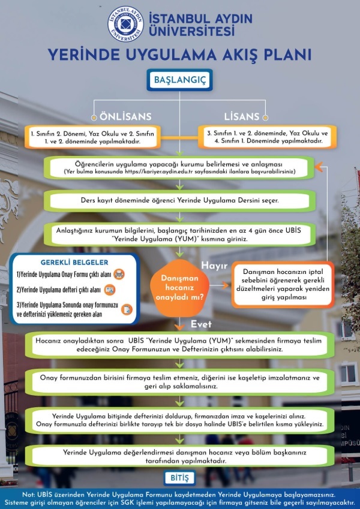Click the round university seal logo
click(x=126, y=24)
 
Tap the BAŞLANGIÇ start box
click(x=179, y=80)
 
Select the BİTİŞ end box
click(x=179, y=478)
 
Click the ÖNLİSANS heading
click(x=125, y=116)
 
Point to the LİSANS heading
click(x=242, y=116)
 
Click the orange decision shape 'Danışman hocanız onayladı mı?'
click(x=179, y=288)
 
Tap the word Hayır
click(x=214, y=266)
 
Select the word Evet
click(x=201, y=324)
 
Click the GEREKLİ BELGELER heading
click(x=74, y=262)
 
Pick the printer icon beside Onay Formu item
click(x=119, y=275)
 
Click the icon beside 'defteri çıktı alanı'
click(x=110, y=290)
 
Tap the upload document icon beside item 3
click(x=127, y=309)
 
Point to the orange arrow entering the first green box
click(x=319, y=167)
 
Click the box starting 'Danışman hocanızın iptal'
click(x=283, y=284)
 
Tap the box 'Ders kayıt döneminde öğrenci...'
click(x=179, y=201)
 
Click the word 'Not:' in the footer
click(x=29, y=495)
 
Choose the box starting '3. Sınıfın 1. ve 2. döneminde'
click(x=267, y=137)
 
